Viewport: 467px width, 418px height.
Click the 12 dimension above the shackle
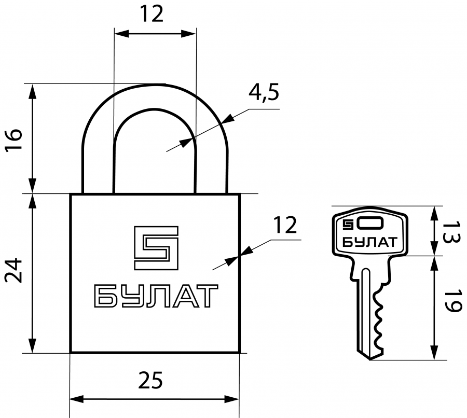click(152, 14)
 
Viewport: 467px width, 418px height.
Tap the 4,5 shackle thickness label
click(264, 93)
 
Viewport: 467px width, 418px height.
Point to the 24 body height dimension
click(13, 270)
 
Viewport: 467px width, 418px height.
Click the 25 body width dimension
click(150, 380)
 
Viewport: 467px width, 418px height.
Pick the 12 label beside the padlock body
click(285, 225)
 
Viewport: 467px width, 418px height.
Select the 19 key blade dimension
click(451, 301)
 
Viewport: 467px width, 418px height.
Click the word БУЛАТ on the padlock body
click(156, 296)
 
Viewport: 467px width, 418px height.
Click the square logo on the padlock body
click(156, 248)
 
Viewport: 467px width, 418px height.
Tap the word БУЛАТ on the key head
click(369, 242)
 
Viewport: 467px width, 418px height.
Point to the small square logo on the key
click(348, 225)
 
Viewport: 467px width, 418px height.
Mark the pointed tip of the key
click(369, 359)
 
